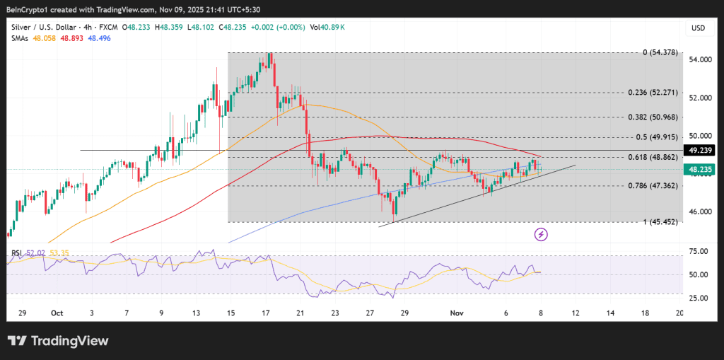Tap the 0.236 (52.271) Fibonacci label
pos(653,93)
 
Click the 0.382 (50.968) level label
pos(653,117)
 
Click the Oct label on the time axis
pos(57,312)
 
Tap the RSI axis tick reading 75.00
pos(698,251)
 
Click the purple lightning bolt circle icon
pos(542,233)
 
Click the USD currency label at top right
pos(698,28)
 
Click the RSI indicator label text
pos(16,252)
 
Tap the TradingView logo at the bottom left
pos(58,341)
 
